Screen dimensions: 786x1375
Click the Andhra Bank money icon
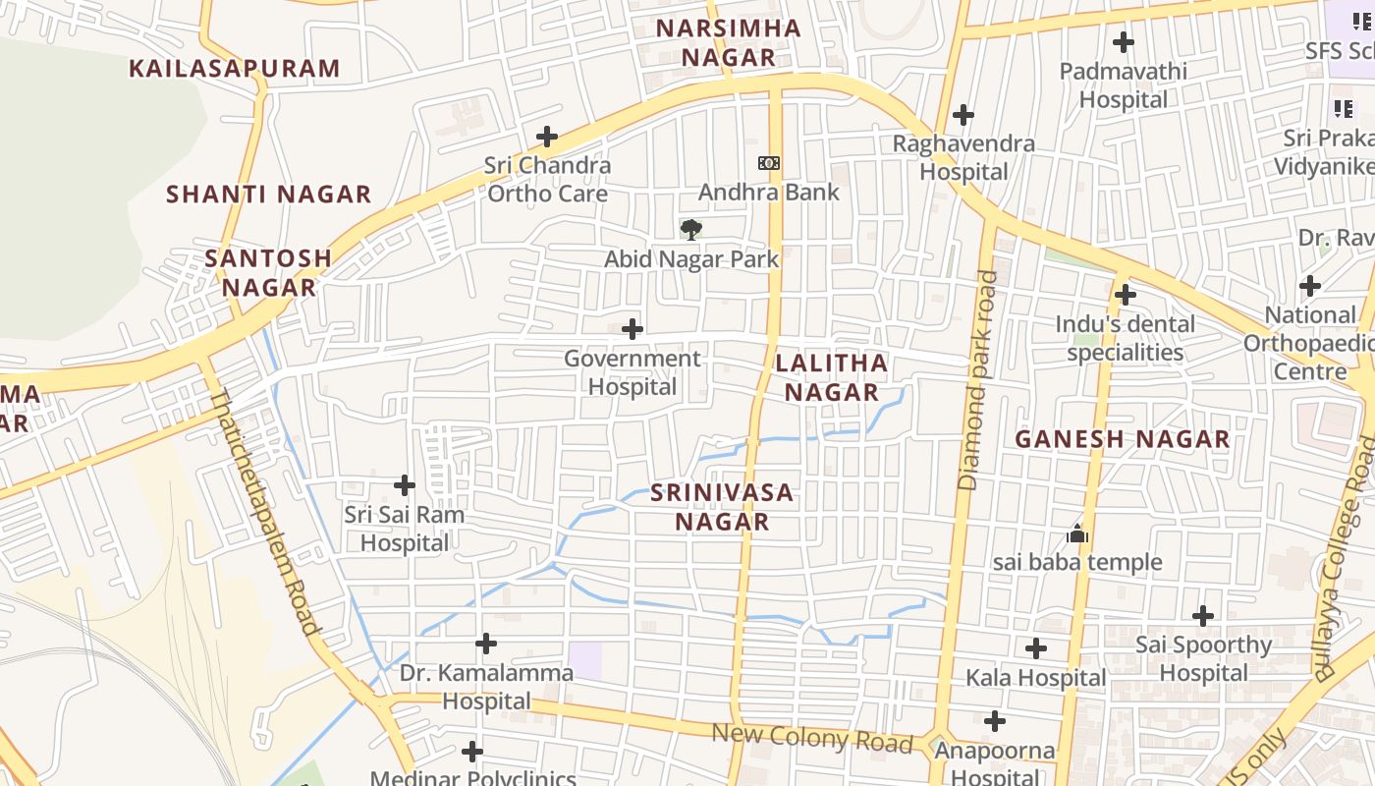tap(769, 163)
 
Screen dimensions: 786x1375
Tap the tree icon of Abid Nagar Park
tap(691, 230)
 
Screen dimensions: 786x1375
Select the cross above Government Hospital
tap(633, 329)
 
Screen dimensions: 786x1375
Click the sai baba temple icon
tap(1077, 534)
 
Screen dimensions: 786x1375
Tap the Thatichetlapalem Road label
tap(264, 511)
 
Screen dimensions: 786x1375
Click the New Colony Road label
tap(811, 737)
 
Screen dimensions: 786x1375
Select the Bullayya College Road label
tap(1347, 560)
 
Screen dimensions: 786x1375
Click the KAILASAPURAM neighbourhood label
tap(235, 69)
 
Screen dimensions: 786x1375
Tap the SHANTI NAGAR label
tap(268, 195)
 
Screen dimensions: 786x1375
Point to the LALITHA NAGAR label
tap(831, 378)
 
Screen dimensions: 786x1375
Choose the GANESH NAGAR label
tap(1122, 439)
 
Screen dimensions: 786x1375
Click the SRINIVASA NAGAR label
tap(722, 507)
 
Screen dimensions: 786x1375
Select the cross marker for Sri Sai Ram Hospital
tap(405, 485)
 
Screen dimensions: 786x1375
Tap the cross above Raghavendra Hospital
tap(963, 115)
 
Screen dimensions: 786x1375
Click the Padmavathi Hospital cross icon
tap(1124, 42)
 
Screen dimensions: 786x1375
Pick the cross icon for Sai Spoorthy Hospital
tap(1203, 616)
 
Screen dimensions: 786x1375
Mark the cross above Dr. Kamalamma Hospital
tap(486, 645)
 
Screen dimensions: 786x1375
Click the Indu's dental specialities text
tap(1125, 338)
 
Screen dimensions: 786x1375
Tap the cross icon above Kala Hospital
tap(1036, 648)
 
